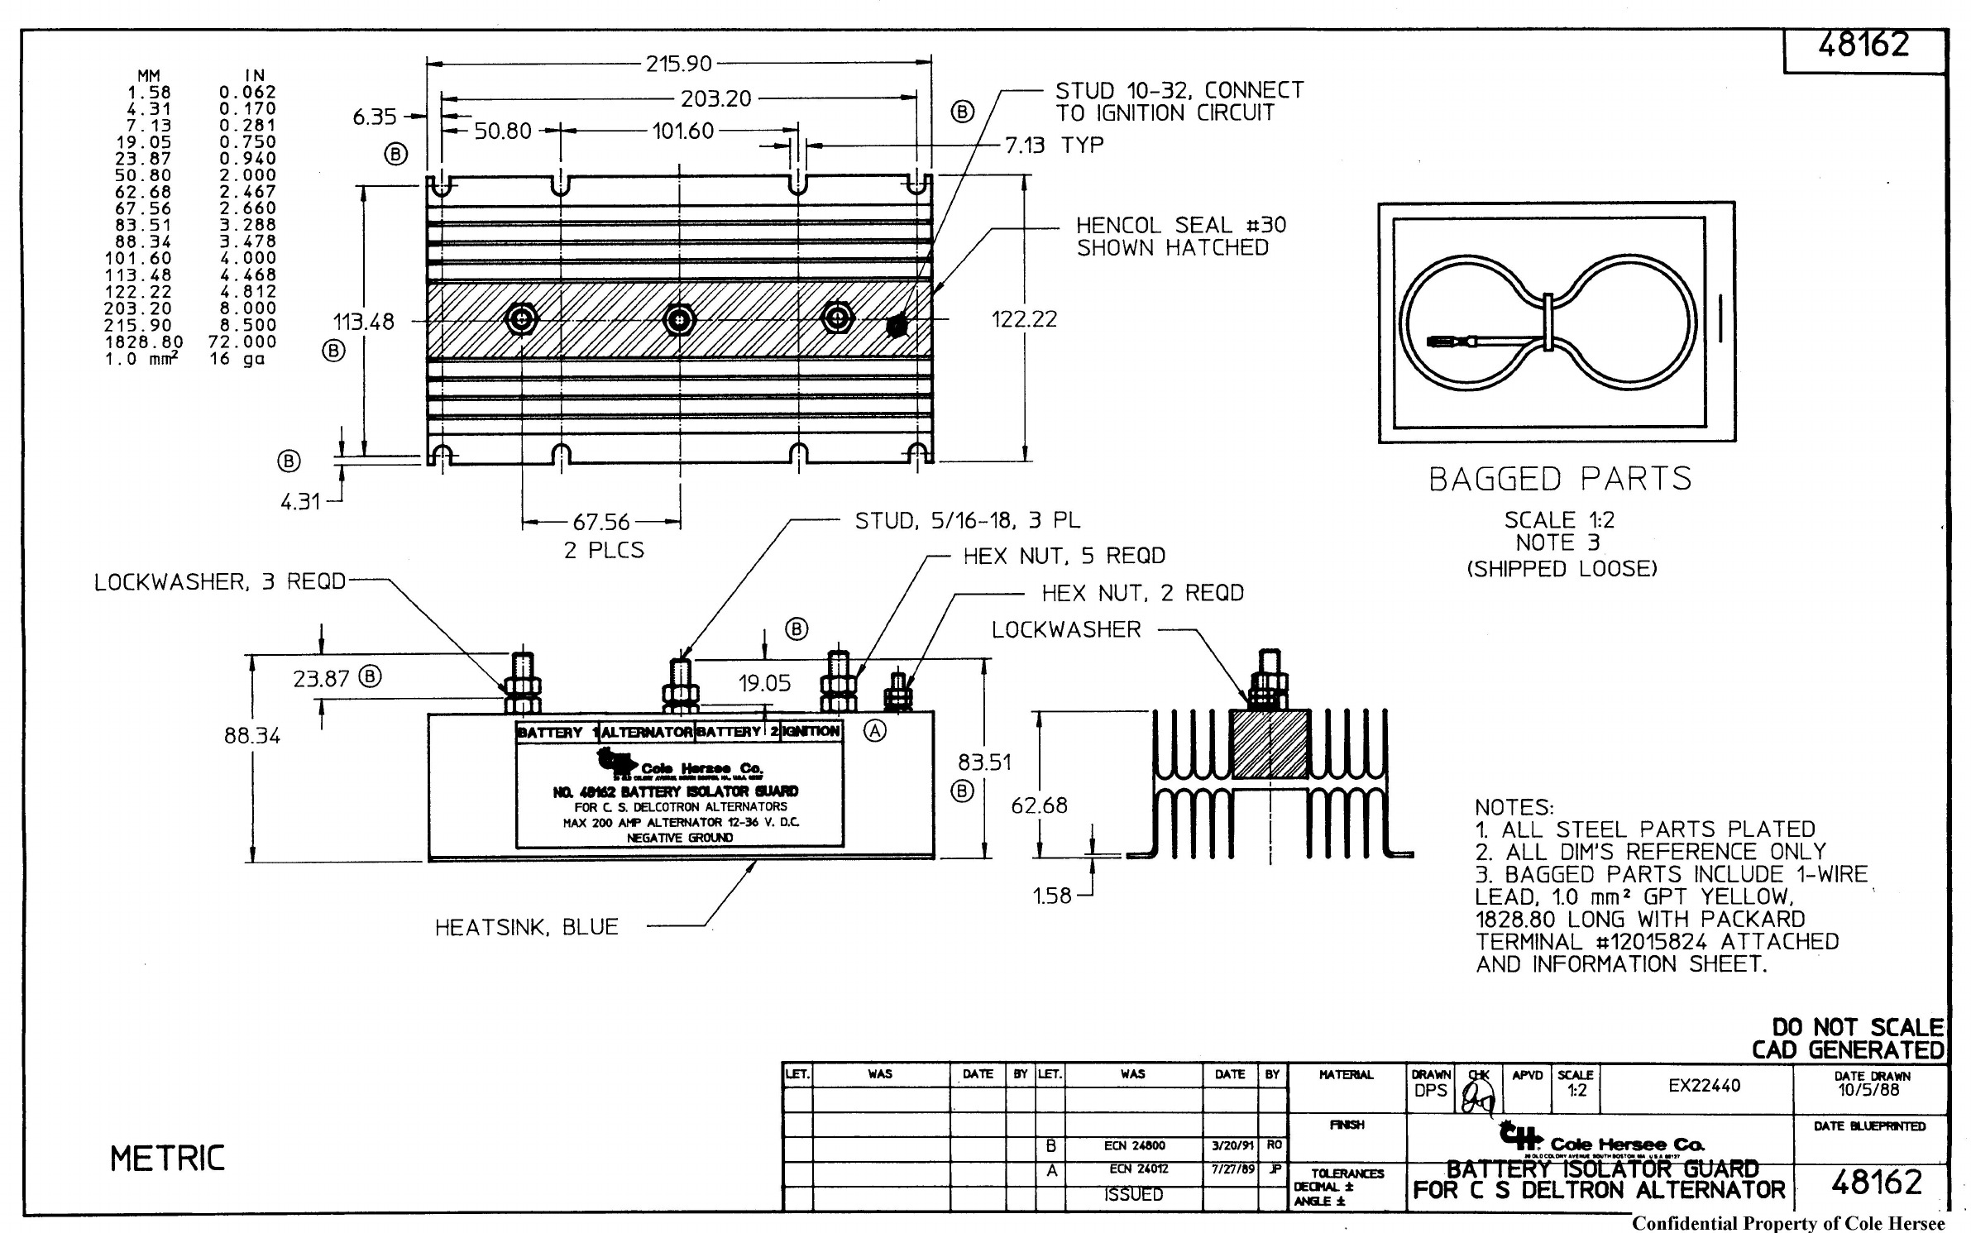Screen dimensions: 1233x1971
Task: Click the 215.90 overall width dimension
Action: tap(678, 64)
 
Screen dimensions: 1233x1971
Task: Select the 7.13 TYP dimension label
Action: tap(1054, 146)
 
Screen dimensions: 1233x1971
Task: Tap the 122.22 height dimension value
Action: tap(1024, 319)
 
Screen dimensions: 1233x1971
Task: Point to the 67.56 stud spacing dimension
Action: tap(601, 523)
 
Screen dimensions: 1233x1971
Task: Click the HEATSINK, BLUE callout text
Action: tap(527, 927)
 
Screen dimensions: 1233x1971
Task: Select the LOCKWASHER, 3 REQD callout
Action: tap(220, 582)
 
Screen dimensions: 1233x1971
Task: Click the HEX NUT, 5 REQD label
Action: tap(1064, 556)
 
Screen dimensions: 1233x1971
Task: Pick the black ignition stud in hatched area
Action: tap(896, 326)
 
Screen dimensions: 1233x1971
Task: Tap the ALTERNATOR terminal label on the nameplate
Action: tap(647, 732)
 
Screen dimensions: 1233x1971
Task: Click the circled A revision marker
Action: tap(875, 730)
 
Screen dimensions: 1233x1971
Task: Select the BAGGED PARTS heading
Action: tap(1560, 480)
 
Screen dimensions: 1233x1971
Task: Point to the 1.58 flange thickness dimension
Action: tap(1051, 896)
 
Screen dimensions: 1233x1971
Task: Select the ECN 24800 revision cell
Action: tap(1134, 1145)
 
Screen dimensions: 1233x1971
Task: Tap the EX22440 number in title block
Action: tap(1704, 1086)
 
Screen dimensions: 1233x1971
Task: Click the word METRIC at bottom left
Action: tap(167, 1159)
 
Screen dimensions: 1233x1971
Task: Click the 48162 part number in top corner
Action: tap(1863, 45)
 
